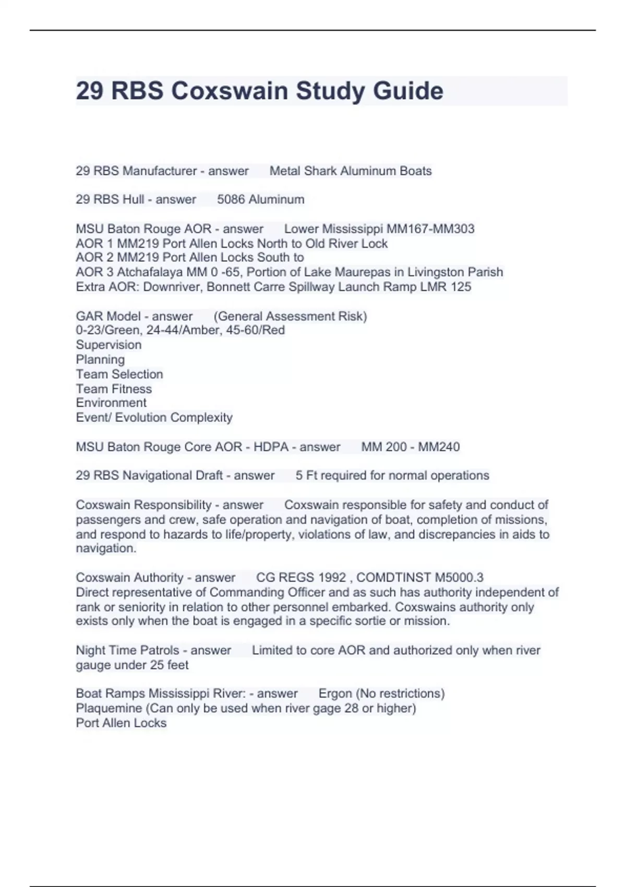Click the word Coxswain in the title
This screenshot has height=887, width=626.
[x=230, y=91]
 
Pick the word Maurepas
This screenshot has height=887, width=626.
[x=363, y=272]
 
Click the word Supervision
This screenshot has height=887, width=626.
[x=109, y=345]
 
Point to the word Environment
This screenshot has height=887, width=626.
[x=111, y=403]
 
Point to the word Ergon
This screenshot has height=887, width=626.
[x=335, y=694]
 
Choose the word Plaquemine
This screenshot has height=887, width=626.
[x=109, y=709]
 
